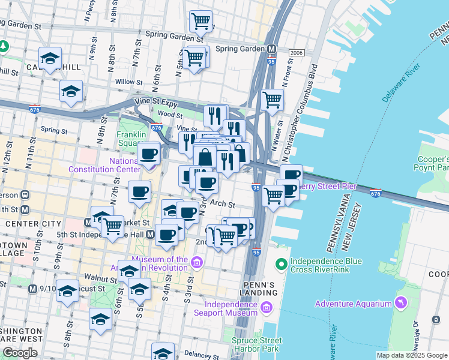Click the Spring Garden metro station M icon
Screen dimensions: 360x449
click(271, 49)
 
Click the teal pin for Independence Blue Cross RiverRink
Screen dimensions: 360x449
click(280, 264)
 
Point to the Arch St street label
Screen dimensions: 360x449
click(223, 205)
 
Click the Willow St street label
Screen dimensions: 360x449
click(129, 82)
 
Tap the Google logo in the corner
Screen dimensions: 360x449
click(20, 353)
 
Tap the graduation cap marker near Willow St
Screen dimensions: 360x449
click(71, 92)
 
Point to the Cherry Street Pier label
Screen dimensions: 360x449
click(328, 187)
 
